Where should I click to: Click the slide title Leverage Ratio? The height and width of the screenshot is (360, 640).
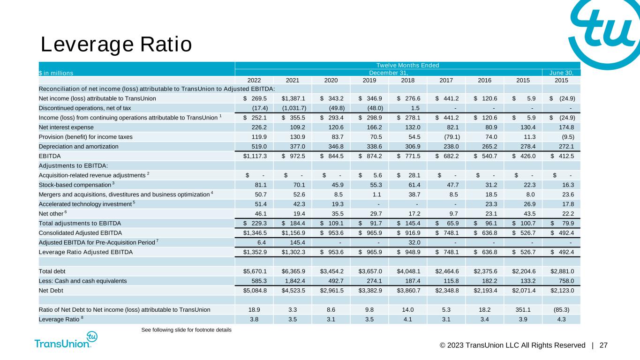coord(116,45)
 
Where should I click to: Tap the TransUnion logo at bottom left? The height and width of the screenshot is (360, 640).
coord(66,341)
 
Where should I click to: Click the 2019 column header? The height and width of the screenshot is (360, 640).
coord(369,80)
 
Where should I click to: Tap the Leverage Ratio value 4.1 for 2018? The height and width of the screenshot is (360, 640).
coord(408,319)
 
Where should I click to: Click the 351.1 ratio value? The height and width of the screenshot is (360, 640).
coord(523,309)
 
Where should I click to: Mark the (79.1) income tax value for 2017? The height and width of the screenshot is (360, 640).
coord(447,136)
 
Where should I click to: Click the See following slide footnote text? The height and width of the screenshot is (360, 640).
coord(186,330)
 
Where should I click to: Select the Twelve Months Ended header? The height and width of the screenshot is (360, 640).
coord(407,65)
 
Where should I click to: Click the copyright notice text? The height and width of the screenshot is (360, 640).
coord(512,345)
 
